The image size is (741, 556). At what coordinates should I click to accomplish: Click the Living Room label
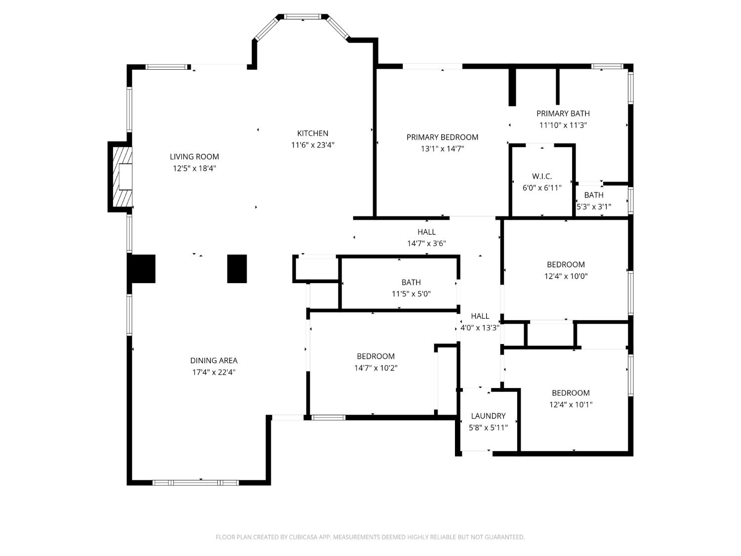pos(194,157)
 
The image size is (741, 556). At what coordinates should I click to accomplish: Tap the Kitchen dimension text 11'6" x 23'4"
pos(313,145)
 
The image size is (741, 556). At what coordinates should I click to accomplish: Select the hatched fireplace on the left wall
pos(121,177)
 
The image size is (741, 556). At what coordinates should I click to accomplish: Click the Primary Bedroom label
pos(442,137)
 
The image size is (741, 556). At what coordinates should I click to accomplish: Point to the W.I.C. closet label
pos(542,176)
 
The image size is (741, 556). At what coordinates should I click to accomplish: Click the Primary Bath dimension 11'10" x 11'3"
pos(563,125)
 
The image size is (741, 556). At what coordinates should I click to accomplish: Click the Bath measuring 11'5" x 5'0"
pos(411,288)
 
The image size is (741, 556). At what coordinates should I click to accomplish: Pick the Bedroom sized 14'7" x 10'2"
pos(375,362)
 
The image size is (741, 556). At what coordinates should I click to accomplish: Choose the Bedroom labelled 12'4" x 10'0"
pos(566,270)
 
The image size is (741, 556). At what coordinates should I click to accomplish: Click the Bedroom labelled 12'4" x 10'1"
pos(571,398)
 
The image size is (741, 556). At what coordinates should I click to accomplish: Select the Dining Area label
pos(214,361)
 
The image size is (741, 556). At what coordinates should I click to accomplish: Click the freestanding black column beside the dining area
pos(237,269)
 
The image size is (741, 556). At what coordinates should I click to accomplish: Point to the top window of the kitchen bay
pos(302,17)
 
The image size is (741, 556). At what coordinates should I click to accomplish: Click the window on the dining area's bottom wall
pos(196,482)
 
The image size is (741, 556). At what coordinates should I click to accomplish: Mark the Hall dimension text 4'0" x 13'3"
pos(480,327)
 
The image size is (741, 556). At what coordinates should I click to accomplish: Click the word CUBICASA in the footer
pos(302,537)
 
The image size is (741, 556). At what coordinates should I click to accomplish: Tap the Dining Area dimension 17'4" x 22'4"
pos(214,372)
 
